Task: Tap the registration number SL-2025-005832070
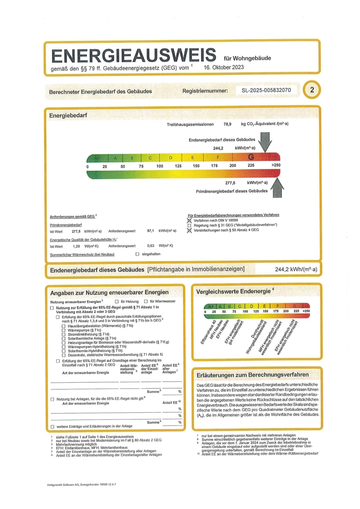coord(266,91)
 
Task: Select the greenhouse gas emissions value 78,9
coord(227,124)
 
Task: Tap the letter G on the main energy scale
coord(251,157)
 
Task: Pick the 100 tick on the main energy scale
coord(159,166)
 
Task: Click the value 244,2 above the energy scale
coord(218,148)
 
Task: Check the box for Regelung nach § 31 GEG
coord(190,225)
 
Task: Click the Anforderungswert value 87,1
coord(151,231)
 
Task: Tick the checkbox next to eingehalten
coord(137,254)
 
